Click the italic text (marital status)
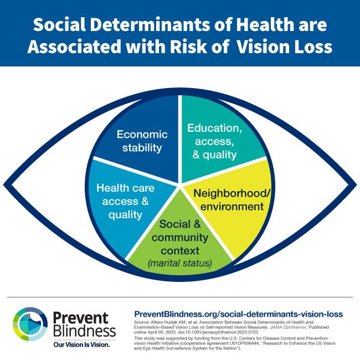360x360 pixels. click(180, 263)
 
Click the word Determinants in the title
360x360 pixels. click(150, 24)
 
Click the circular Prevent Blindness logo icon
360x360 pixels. click(30, 324)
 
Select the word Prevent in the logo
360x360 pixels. click(81, 318)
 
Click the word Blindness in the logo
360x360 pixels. click(85, 331)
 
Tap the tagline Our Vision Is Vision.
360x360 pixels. click(81, 344)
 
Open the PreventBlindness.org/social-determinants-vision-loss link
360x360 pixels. click(238, 314)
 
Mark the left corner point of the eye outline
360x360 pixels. click(4, 184)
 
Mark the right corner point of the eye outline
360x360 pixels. click(356, 184)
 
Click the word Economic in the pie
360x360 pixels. click(142, 135)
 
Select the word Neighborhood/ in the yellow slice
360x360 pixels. click(232, 193)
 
